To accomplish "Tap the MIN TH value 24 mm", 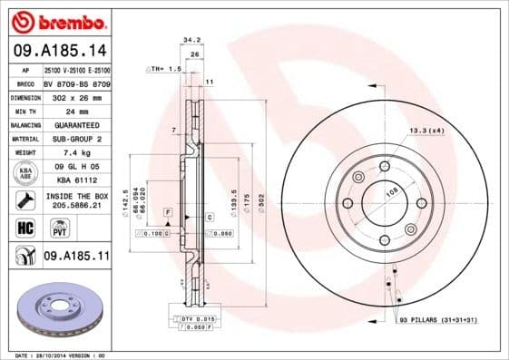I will (x=76, y=111).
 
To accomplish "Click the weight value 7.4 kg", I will (x=76, y=152).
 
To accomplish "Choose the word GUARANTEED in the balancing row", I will (x=76, y=124).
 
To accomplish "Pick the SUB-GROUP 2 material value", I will (x=76, y=139).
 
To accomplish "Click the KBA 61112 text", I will (x=76, y=180).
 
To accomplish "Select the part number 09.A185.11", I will (x=76, y=257).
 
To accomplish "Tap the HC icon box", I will (x=24, y=227).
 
